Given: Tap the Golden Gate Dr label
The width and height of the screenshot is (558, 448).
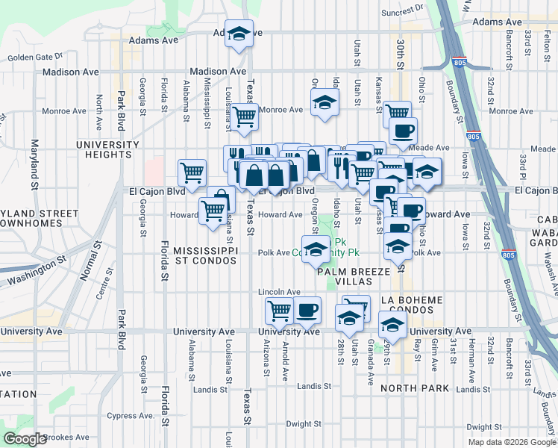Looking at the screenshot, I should click(36, 57).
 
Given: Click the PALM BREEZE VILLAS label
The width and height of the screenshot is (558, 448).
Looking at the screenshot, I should click(354, 277).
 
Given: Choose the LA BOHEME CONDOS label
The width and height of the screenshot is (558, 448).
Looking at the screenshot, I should click(411, 305).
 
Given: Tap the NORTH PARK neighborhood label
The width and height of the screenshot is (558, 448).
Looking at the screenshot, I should click(414, 388).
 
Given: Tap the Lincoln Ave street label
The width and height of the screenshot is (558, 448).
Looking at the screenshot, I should click(279, 292).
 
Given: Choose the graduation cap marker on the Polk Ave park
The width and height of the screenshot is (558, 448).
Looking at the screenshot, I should click(316, 249).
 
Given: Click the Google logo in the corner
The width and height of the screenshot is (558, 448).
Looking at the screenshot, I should click(25, 439).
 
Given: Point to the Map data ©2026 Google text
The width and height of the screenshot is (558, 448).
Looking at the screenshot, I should click(512, 442).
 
